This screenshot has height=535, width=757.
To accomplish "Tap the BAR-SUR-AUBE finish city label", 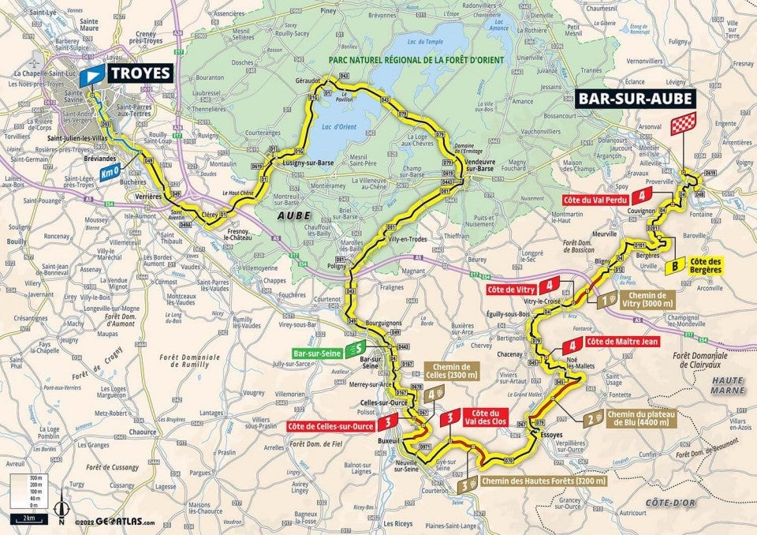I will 636,99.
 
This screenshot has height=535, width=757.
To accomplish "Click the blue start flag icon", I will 93,73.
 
